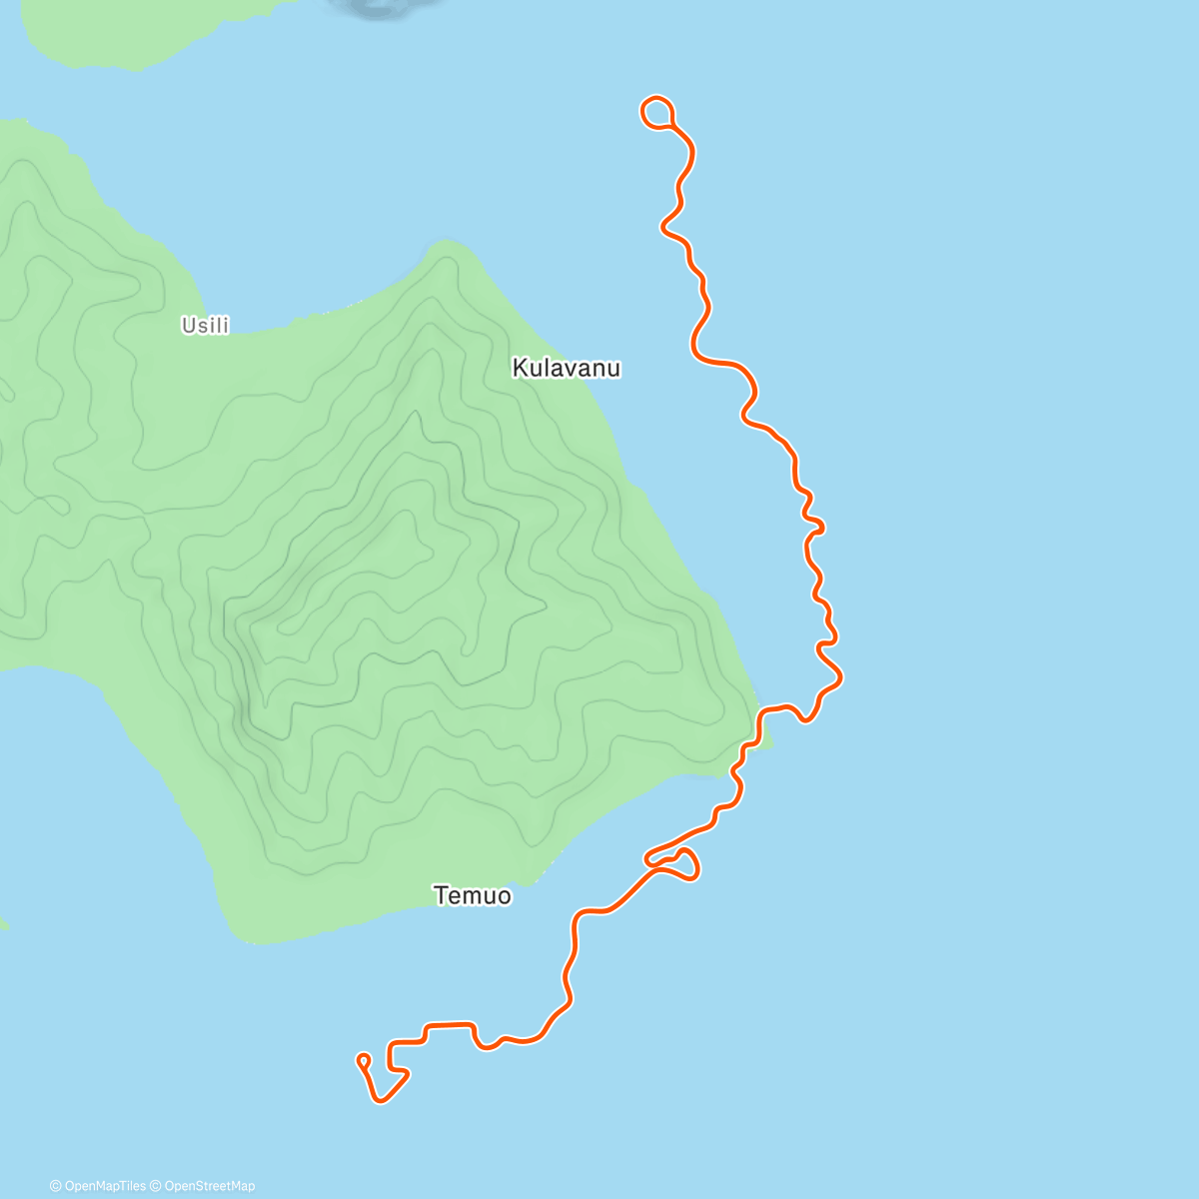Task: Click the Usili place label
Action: tap(205, 325)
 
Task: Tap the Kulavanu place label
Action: tap(566, 368)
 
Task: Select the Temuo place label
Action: tap(473, 895)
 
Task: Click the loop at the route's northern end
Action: tap(656, 112)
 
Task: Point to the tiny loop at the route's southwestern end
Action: tap(363, 1059)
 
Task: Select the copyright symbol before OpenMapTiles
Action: tap(56, 1186)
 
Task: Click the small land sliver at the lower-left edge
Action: tap(3, 922)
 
